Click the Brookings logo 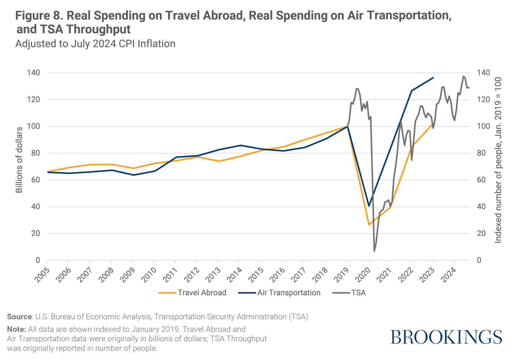[x=446, y=337]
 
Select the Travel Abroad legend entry [x=202, y=293]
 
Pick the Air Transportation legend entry [x=288, y=293]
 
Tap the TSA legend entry [x=358, y=293]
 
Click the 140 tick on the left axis [x=33, y=73]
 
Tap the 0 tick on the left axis [x=38, y=260]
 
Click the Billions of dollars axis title [x=19, y=160]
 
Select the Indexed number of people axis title [x=498, y=160]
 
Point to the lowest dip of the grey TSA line [x=374, y=251]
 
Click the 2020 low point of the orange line [x=369, y=224]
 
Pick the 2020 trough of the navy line [x=369, y=206]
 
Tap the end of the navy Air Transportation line [x=433, y=78]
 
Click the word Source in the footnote [x=19, y=317]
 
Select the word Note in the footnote [x=16, y=329]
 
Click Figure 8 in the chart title [x=39, y=16]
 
